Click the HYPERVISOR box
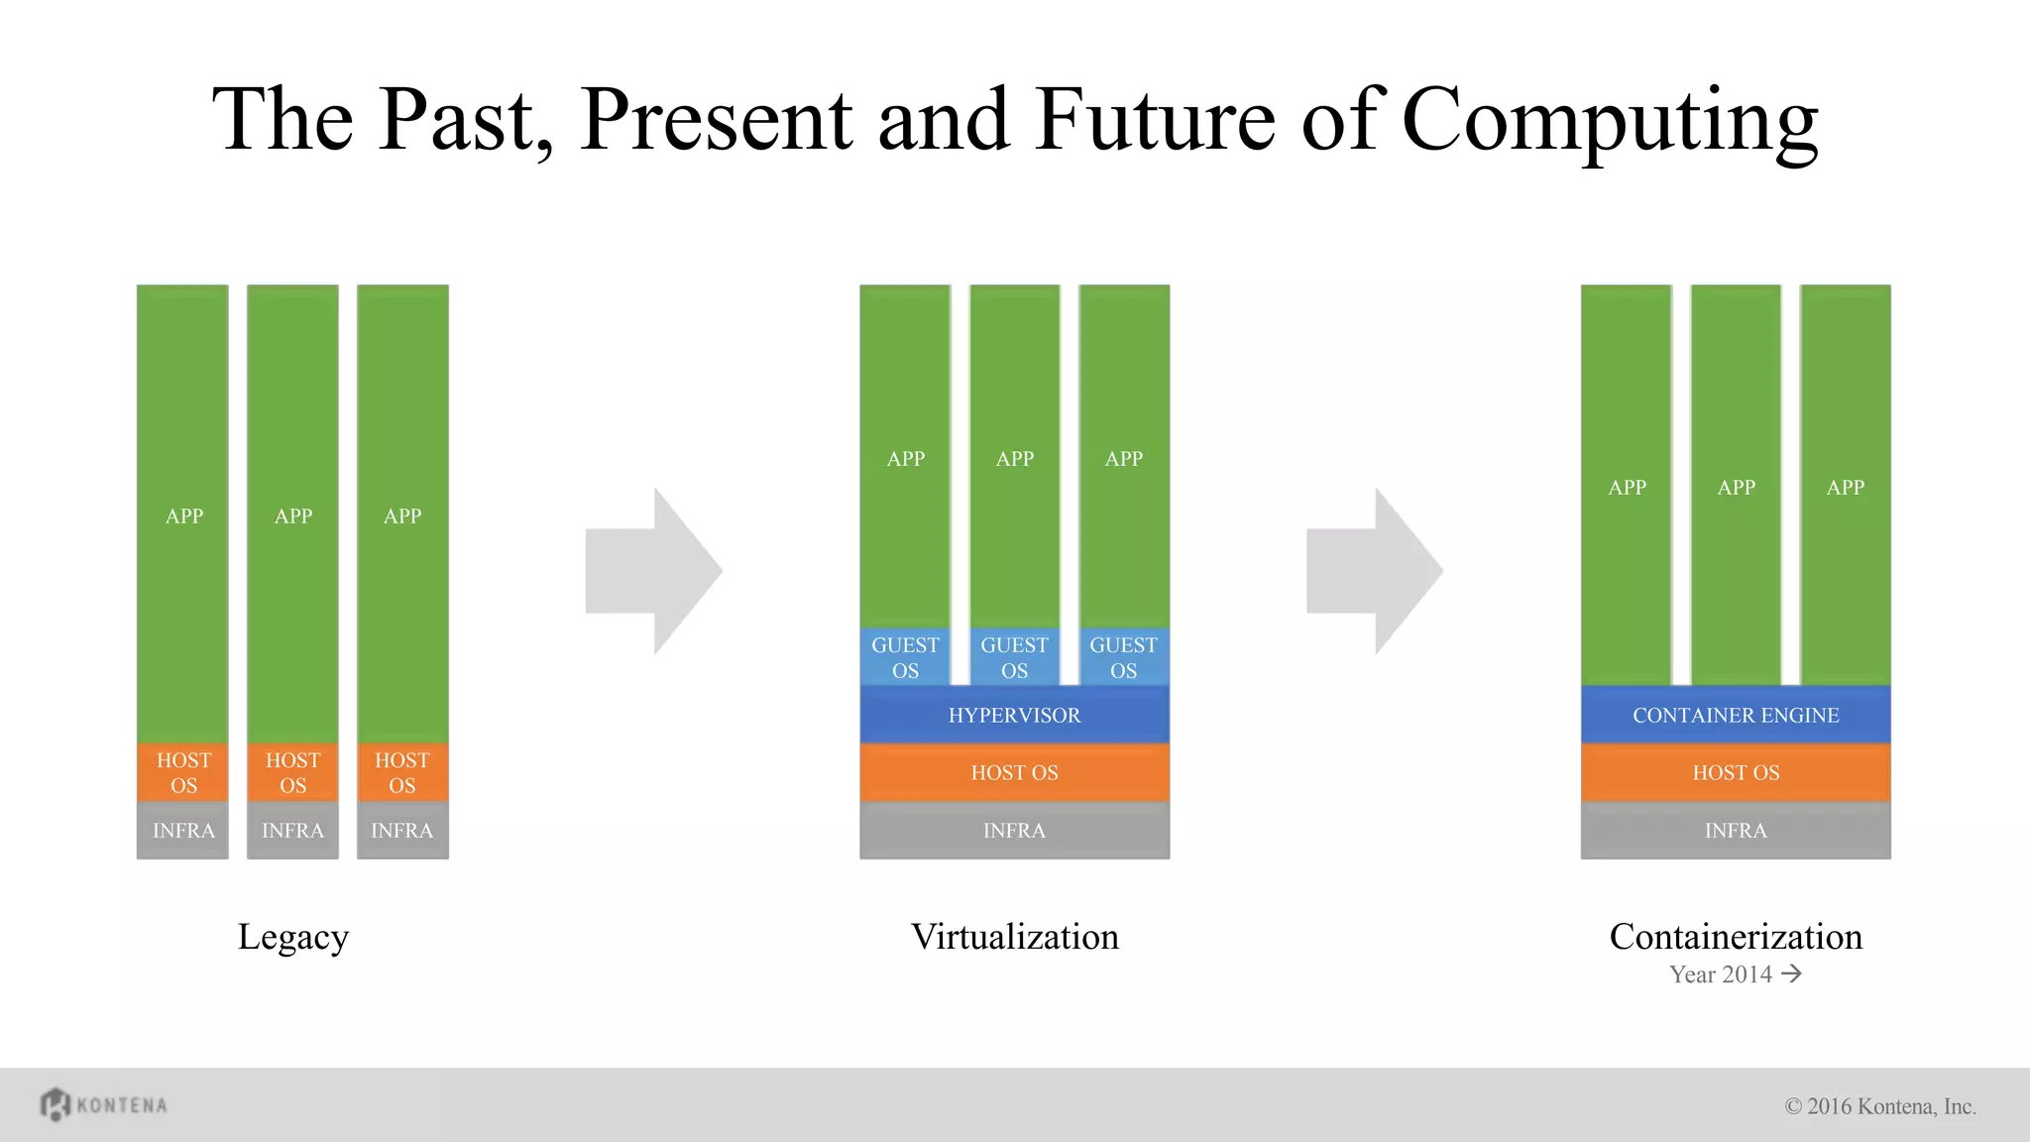[1014, 715]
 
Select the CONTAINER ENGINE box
[1735, 715]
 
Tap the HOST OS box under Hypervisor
[1014, 772]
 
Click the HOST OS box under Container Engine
[1735, 772]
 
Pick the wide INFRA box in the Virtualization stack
[1014, 831]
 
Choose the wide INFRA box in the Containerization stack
[1735, 831]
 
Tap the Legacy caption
[292, 937]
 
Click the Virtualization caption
[1014, 937]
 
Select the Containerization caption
[1735, 937]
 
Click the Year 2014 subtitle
[1735, 974]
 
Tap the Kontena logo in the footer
[104, 1104]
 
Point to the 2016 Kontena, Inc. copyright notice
[1880, 1106]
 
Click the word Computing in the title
[1610, 121]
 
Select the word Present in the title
[716, 121]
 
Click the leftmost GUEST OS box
[905, 657]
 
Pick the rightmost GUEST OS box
[1123, 657]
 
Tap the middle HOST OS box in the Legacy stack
[292, 772]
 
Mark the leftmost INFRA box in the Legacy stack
[183, 831]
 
